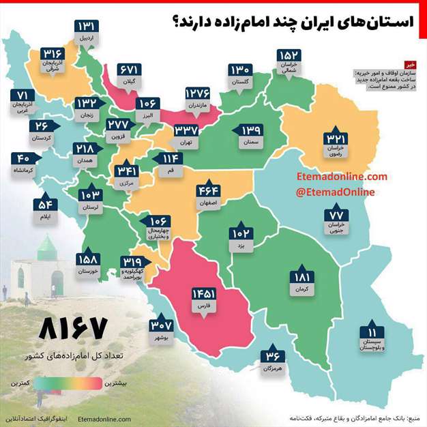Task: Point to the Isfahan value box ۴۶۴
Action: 209,191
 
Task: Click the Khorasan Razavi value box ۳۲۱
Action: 338,141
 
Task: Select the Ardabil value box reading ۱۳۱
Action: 88,27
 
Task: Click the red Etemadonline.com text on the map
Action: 342,177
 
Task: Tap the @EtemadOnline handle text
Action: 335,192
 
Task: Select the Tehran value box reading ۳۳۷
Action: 186,130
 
